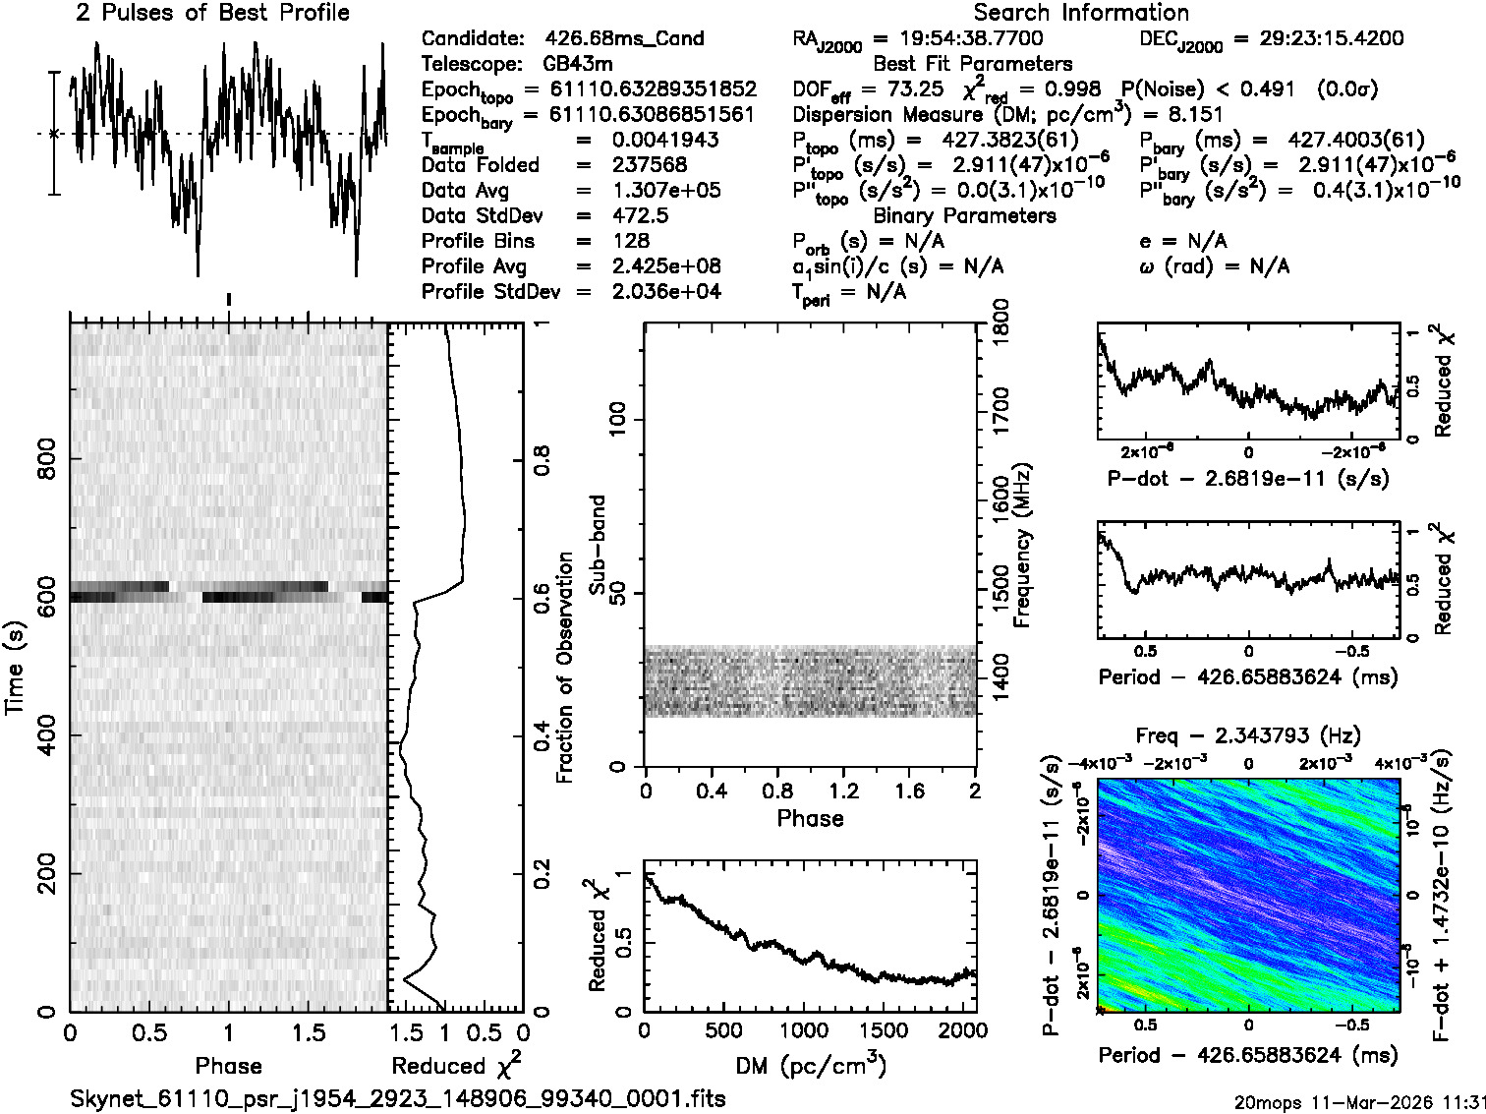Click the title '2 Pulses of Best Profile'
[x=212, y=13]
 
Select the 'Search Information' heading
[x=1081, y=13]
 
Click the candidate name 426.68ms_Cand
[x=624, y=39]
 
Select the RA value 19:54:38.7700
[x=958, y=39]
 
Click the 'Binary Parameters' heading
[x=964, y=215]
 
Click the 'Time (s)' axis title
[x=16, y=667]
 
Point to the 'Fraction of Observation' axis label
[x=565, y=667]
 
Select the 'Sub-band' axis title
[x=597, y=545]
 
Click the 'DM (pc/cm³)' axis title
[x=810, y=1065]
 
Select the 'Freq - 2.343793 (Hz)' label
[x=1248, y=735]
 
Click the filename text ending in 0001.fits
[x=398, y=1098]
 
